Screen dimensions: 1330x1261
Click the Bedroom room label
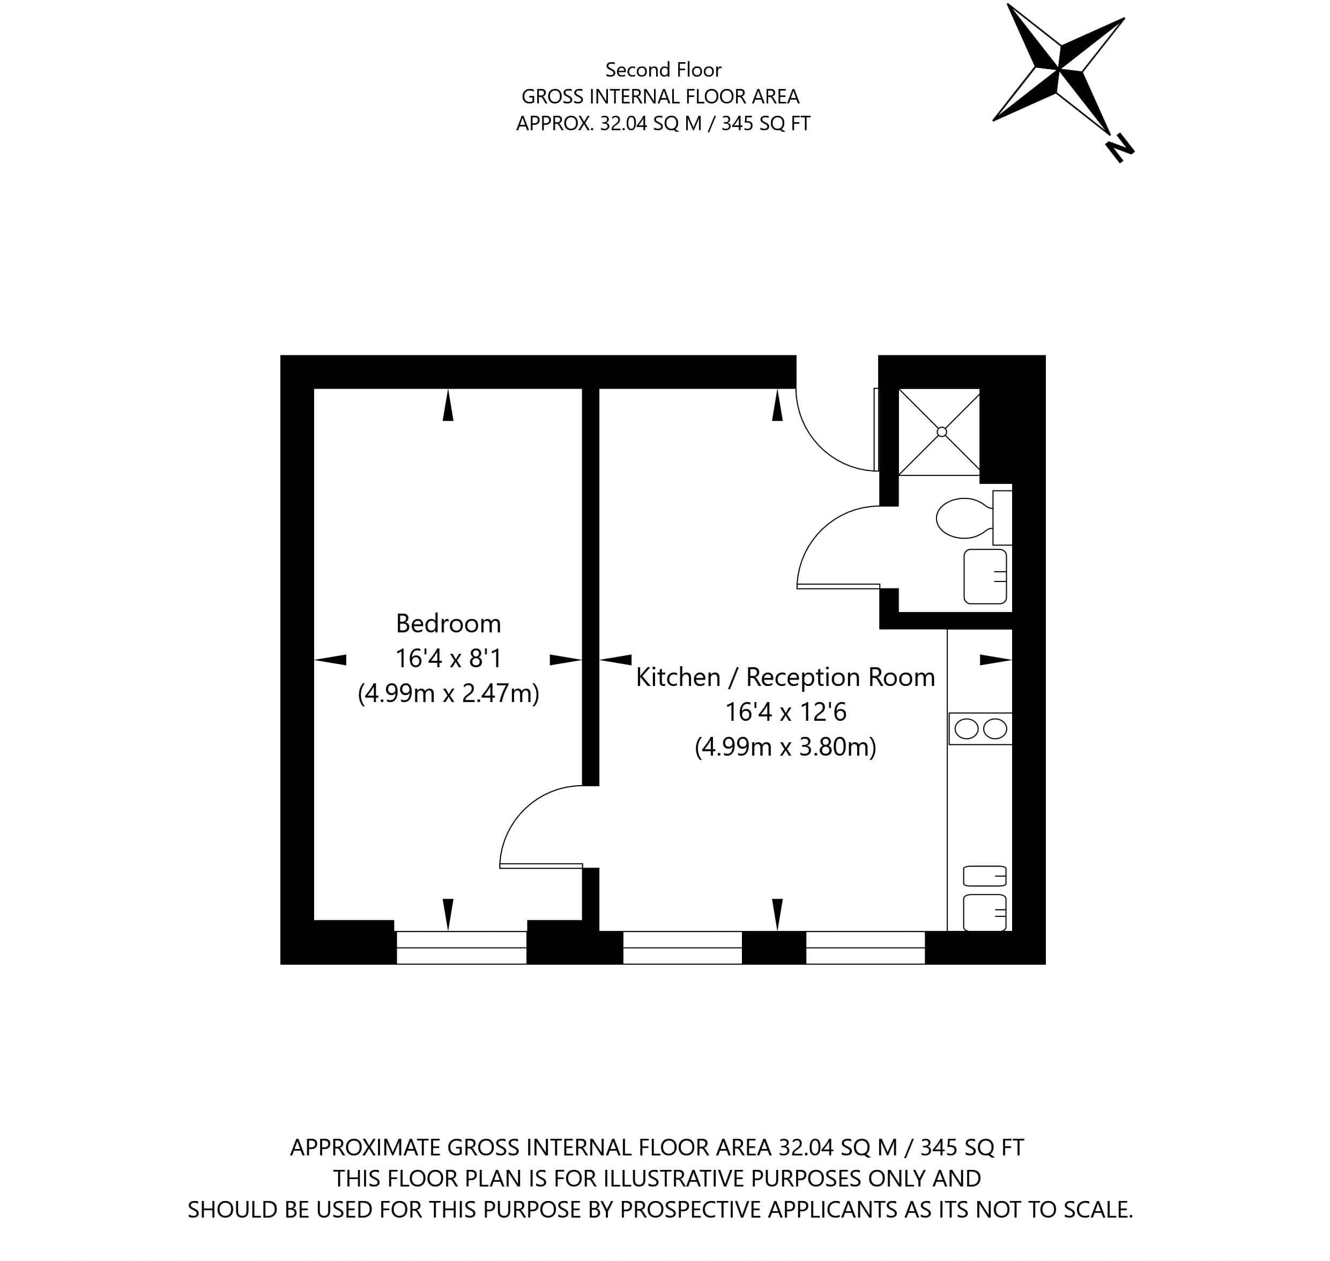[x=449, y=624]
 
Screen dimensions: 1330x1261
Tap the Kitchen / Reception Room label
[x=785, y=677]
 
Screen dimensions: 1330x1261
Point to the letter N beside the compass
[x=1119, y=148]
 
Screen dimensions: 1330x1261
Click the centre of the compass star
[x=1059, y=69]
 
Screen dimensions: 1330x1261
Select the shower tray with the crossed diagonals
[x=939, y=432]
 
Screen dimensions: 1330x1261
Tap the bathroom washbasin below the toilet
[x=985, y=577]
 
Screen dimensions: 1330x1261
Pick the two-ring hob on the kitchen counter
[x=980, y=729]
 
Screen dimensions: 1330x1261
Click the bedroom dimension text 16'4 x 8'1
[x=449, y=658]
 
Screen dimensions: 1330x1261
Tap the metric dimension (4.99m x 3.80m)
[x=785, y=747]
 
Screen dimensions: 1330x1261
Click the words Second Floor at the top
[x=663, y=69]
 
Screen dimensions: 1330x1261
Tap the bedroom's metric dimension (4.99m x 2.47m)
[x=449, y=693]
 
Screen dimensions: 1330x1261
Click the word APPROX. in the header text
[x=555, y=124]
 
